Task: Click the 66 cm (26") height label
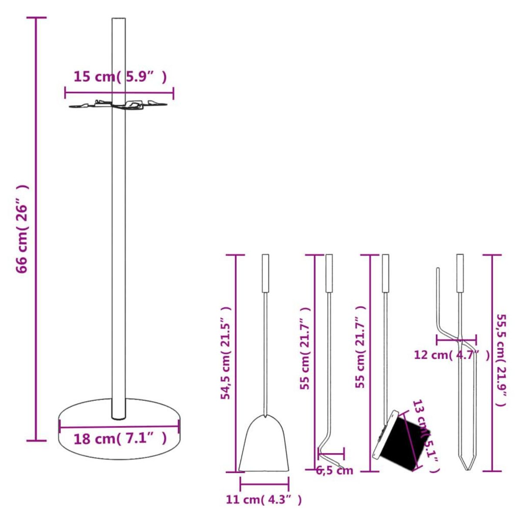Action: pyautogui.click(x=22, y=229)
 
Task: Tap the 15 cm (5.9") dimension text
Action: pyautogui.click(x=120, y=77)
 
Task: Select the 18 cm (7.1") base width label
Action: pyautogui.click(x=120, y=438)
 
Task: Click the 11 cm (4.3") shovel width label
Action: pyautogui.click(x=264, y=500)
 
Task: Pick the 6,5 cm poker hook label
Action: pyautogui.click(x=334, y=470)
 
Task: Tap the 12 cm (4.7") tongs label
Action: pyautogui.click(x=452, y=355)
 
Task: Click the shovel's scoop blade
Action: pyautogui.click(x=264, y=446)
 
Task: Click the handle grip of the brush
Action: pyautogui.click(x=385, y=273)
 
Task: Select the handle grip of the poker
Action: pyautogui.click(x=329, y=273)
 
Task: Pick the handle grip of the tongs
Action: pyautogui.click(x=460, y=273)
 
